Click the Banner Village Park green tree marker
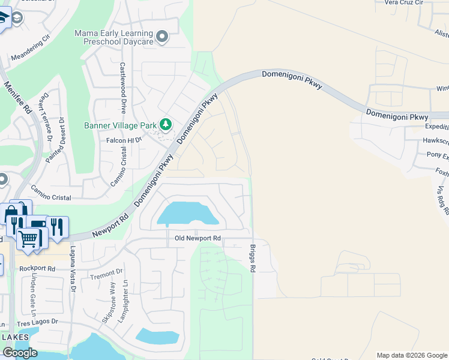(x=166, y=125)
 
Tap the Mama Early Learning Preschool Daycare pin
(x=161, y=38)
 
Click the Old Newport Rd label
(x=198, y=238)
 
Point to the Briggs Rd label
(x=253, y=259)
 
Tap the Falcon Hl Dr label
(x=124, y=140)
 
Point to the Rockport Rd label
(x=37, y=269)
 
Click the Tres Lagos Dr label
(x=38, y=322)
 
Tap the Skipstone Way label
(x=109, y=302)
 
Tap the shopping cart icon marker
(x=28, y=239)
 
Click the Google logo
(x=20, y=353)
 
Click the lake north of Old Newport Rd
(x=186, y=214)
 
